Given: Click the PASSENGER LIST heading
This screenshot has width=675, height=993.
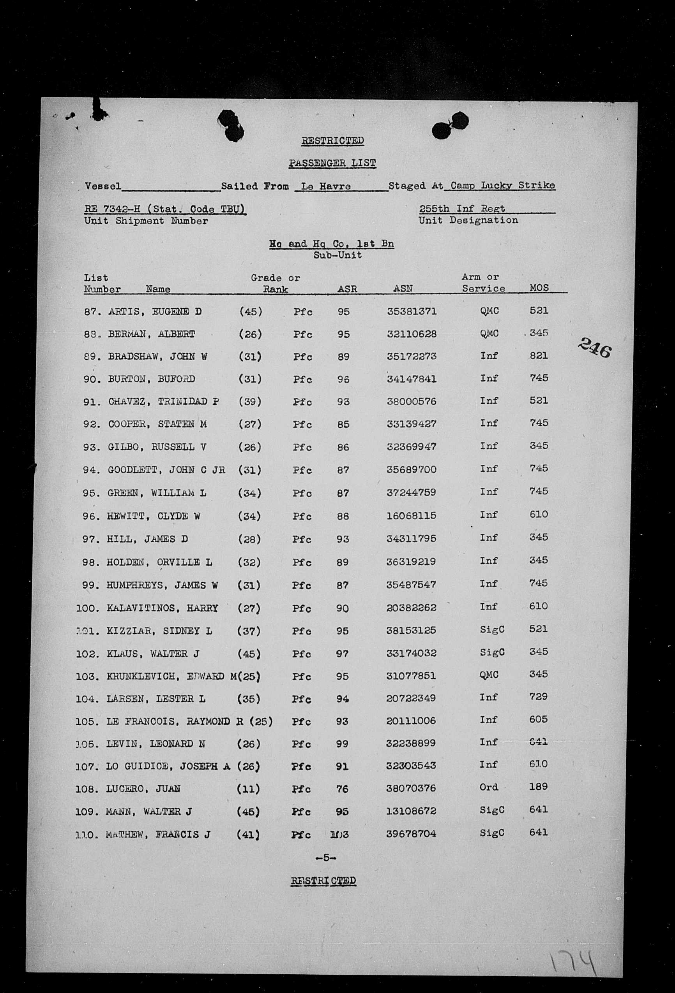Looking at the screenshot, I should (x=332, y=163).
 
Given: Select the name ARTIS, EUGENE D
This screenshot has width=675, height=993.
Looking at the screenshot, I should (x=155, y=311).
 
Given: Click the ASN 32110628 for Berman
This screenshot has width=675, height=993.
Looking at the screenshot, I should (x=412, y=334).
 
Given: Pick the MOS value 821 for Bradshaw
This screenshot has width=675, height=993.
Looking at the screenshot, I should (x=539, y=355).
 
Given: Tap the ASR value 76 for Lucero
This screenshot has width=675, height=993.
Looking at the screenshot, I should (x=342, y=789).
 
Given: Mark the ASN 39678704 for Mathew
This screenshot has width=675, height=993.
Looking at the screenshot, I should (x=411, y=834).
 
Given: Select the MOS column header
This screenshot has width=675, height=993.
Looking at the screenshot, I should (x=539, y=288).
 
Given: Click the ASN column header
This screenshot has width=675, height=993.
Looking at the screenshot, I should (x=403, y=288).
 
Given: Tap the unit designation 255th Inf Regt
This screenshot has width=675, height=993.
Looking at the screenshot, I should (x=462, y=209).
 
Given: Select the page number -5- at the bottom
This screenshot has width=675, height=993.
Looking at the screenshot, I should (x=325, y=858).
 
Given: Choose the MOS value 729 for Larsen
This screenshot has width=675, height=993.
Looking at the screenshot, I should (x=538, y=696).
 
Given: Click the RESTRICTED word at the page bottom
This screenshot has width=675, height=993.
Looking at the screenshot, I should (x=323, y=881).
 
